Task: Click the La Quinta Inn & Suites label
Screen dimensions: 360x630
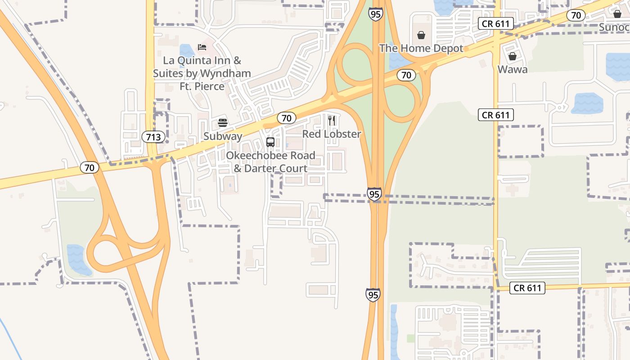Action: click(x=202, y=73)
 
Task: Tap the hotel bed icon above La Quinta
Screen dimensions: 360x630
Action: click(x=202, y=47)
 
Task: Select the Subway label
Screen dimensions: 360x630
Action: click(x=223, y=136)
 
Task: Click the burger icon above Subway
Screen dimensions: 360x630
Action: click(x=223, y=122)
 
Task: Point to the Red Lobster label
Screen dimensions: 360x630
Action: click(x=332, y=134)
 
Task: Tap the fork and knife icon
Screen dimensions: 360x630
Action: click(x=332, y=120)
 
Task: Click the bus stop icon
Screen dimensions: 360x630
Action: click(x=270, y=142)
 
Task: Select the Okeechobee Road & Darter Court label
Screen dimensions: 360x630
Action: click(x=270, y=162)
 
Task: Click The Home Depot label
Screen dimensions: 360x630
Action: click(x=421, y=48)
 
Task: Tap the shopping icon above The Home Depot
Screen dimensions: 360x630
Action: click(x=421, y=35)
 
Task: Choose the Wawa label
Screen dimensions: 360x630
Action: click(x=513, y=69)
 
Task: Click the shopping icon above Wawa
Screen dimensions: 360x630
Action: click(x=513, y=56)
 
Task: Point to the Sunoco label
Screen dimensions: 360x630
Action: click(x=615, y=27)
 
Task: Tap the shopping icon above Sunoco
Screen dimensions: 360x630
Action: click(x=617, y=14)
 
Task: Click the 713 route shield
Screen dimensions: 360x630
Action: click(x=153, y=137)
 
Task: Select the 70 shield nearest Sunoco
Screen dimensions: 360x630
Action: click(x=576, y=15)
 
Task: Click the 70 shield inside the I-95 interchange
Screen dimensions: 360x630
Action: click(x=406, y=75)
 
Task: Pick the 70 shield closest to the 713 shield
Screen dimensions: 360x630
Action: click(x=89, y=168)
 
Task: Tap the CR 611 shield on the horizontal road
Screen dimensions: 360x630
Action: click(x=527, y=288)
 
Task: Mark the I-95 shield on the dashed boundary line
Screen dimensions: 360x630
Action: click(x=374, y=194)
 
